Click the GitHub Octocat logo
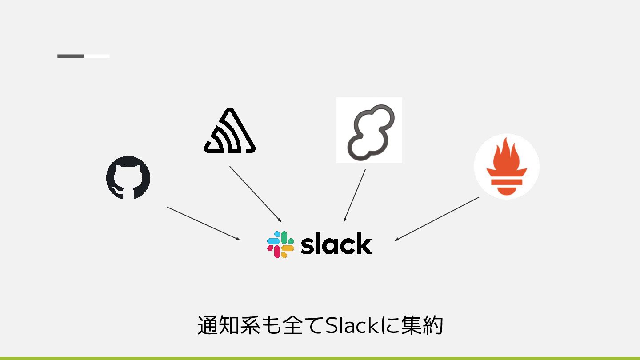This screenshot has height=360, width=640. [x=128, y=177]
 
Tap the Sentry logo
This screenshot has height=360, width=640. [x=230, y=131]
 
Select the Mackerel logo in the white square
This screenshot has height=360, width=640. [x=369, y=130]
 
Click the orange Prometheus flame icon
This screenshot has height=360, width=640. [x=507, y=166]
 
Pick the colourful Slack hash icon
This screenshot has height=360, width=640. [x=280, y=244]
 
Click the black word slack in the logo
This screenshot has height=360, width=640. [x=336, y=244]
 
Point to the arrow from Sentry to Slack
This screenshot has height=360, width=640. [x=255, y=193]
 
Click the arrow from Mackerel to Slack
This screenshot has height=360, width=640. [x=355, y=196]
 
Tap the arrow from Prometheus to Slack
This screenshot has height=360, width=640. [x=437, y=219]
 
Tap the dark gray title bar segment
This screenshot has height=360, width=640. [x=71, y=56]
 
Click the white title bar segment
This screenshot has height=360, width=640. [x=97, y=56]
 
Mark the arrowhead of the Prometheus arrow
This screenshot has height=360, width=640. [x=396, y=239]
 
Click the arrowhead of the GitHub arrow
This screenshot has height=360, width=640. [x=238, y=239]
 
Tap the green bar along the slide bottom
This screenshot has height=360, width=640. [x=320, y=358]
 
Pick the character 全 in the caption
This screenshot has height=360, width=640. [x=287, y=326]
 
